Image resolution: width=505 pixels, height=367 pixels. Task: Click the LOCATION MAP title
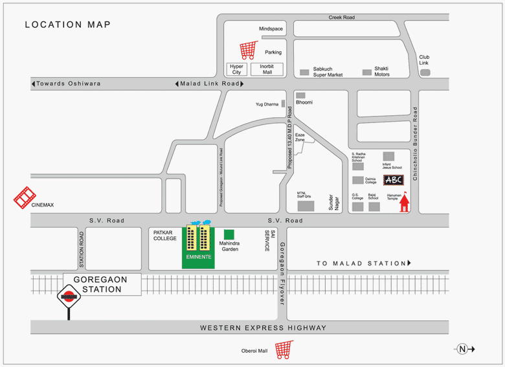(67, 25)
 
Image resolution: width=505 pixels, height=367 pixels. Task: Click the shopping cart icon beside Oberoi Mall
(284, 350)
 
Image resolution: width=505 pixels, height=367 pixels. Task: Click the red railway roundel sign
(69, 298)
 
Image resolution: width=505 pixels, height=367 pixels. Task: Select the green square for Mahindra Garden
(229, 234)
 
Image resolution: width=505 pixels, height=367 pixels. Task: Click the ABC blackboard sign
(394, 180)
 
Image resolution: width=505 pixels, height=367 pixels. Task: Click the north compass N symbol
(462, 349)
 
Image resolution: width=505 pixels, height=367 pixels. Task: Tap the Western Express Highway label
(263, 328)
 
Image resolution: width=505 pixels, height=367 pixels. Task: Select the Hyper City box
(236, 69)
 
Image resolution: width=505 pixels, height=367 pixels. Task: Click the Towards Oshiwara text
(68, 83)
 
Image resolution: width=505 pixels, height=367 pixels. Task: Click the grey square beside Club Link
(425, 72)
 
